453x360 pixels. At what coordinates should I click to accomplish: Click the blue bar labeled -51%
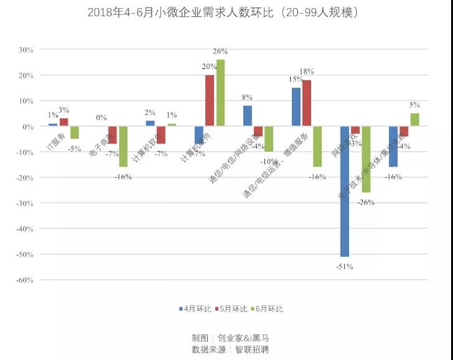point(345,191)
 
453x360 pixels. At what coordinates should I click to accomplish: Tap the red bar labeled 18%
point(307,103)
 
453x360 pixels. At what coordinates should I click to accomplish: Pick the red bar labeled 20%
point(210,101)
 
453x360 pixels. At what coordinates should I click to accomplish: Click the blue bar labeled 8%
point(248,116)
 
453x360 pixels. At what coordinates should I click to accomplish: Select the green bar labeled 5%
point(414,120)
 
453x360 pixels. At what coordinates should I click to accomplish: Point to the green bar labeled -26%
point(366,159)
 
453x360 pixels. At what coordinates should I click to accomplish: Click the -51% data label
point(345,267)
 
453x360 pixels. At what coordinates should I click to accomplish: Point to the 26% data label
point(220,51)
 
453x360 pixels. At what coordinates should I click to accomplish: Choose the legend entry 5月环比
point(231,308)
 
